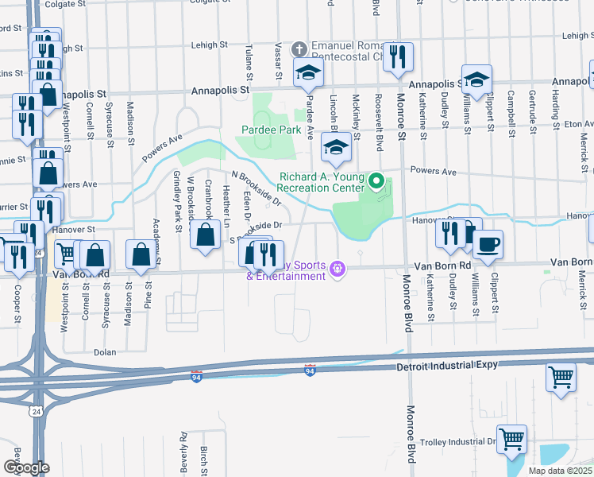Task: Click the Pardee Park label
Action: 271,129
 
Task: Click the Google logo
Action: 25,467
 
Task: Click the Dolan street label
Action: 105,352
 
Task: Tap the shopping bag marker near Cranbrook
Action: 206,235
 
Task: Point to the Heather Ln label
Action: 226,204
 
